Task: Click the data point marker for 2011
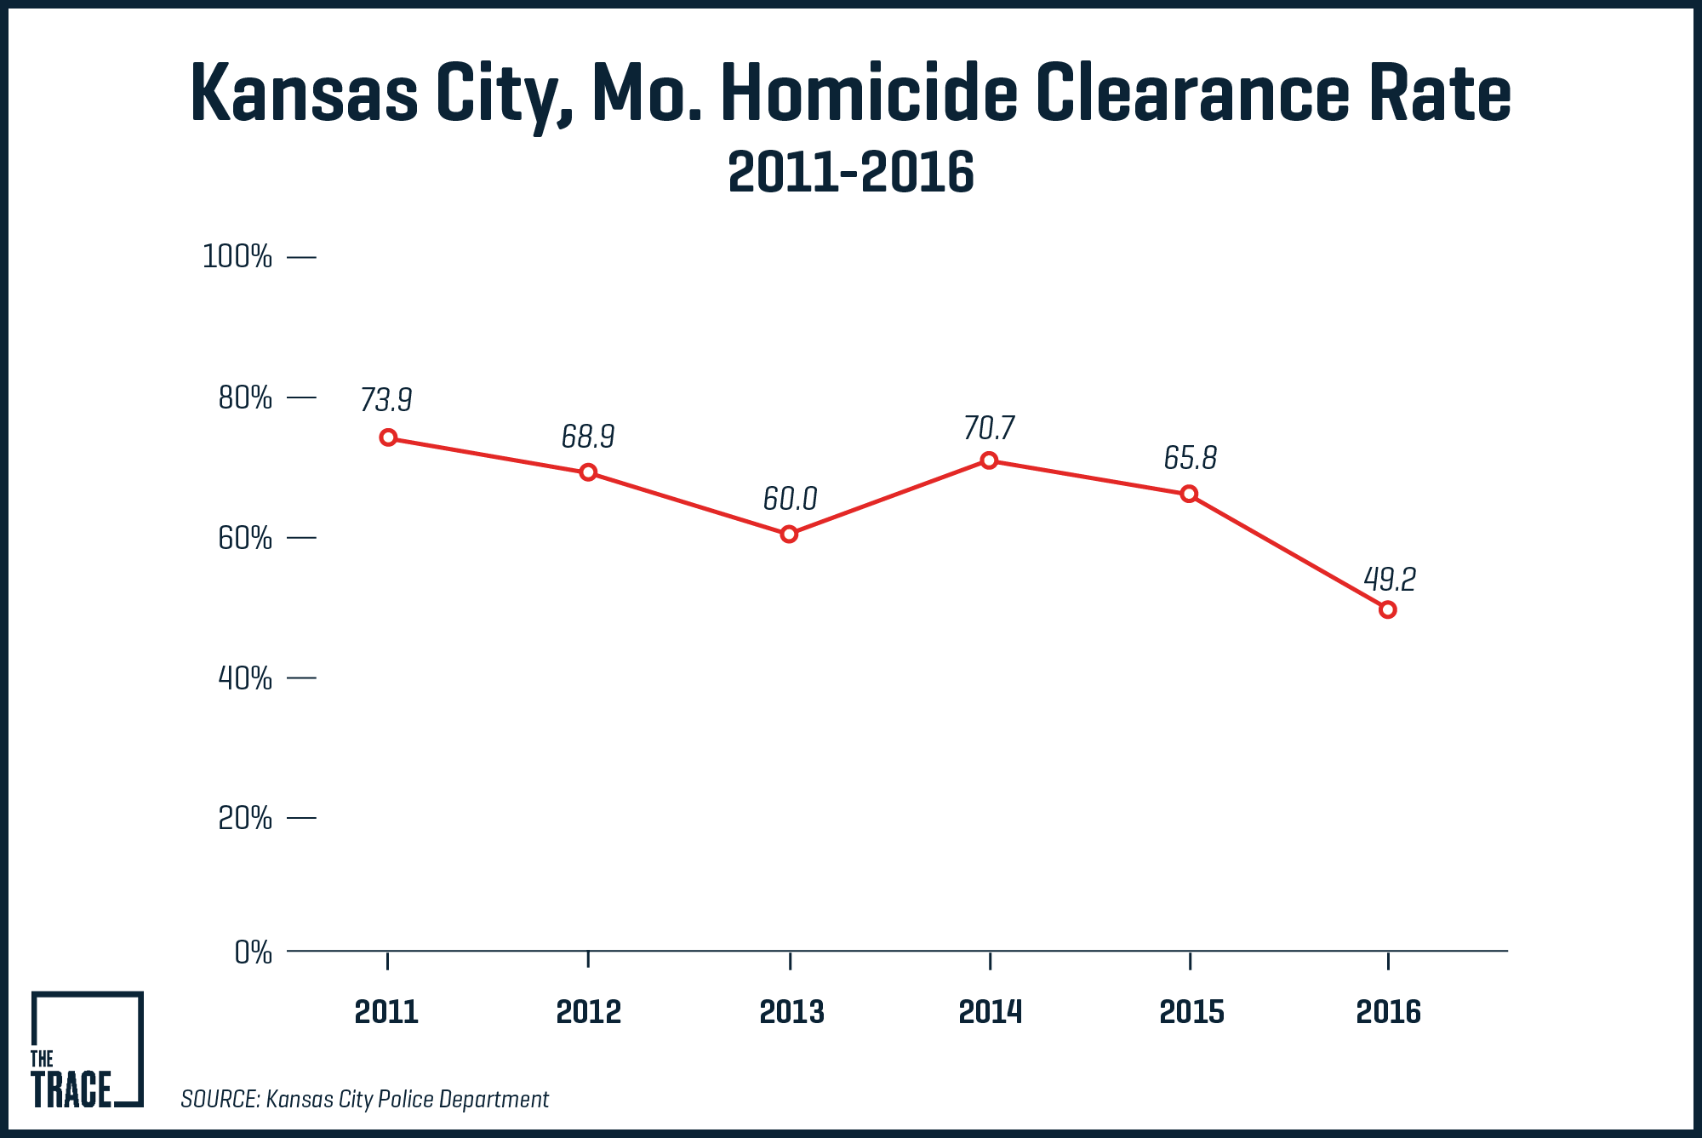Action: tap(388, 437)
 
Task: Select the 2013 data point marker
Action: tap(789, 534)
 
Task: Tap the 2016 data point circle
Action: tap(1387, 609)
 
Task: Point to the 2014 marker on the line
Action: tap(989, 460)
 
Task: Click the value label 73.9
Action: tap(386, 399)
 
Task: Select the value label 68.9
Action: tap(587, 437)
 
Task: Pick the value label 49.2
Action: tap(1390, 580)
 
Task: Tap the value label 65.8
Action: tap(1190, 458)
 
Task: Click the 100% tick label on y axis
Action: tap(237, 256)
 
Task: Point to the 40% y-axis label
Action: tap(245, 678)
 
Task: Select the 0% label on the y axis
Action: tap(253, 952)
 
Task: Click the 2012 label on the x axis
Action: tap(588, 1012)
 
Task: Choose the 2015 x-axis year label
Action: tap(1191, 1012)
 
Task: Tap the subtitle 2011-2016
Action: tap(851, 173)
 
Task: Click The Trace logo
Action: tap(87, 1049)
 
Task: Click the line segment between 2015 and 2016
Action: tap(1288, 552)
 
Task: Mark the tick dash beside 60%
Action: tap(301, 538)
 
